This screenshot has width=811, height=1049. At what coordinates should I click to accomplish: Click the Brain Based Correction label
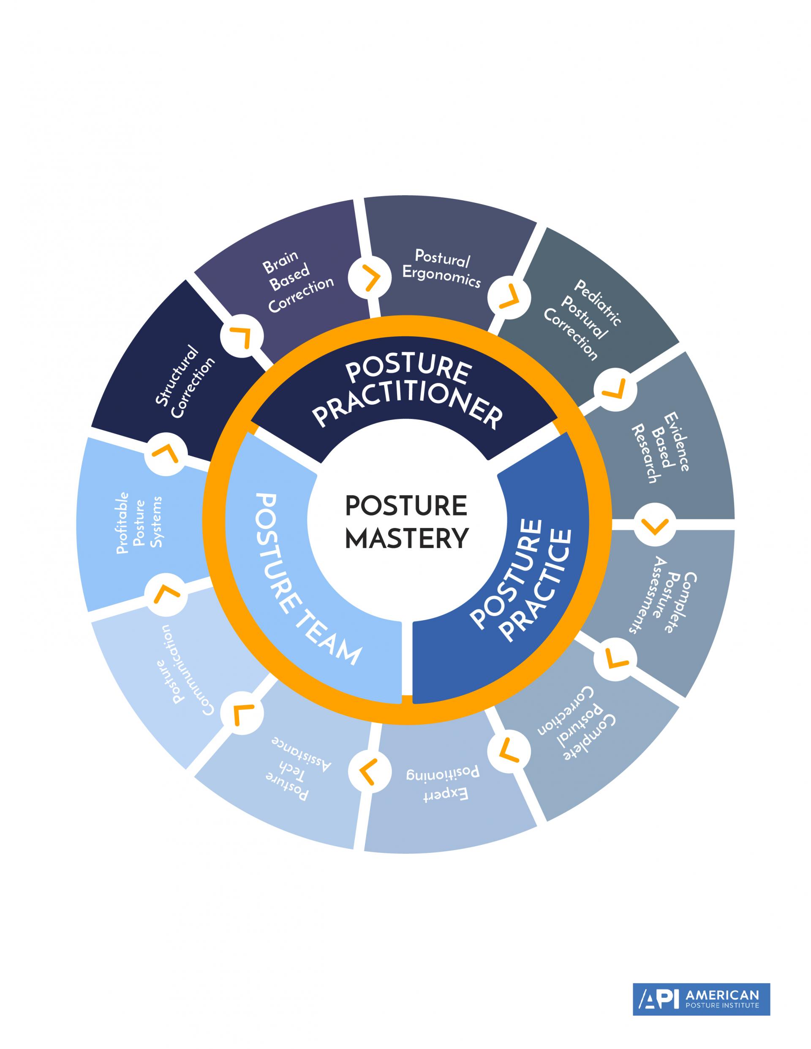pos(295,282)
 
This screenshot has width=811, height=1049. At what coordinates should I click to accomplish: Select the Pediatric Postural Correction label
pos(582,320)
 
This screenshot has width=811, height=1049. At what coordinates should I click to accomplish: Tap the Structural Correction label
pos(185,382)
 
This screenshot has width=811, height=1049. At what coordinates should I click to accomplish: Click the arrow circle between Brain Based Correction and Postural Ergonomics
pos(368,278)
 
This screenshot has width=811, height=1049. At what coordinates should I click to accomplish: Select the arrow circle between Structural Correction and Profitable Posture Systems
pos(165,453)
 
